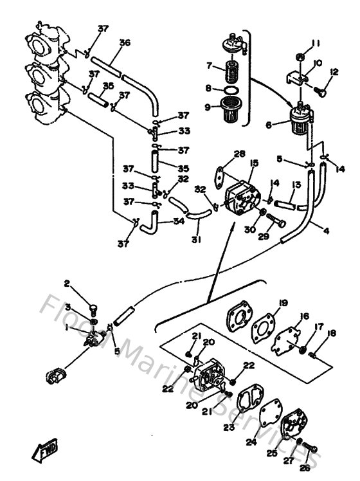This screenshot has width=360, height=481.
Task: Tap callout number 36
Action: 124,43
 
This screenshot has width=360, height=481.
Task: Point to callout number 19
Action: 283,303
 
